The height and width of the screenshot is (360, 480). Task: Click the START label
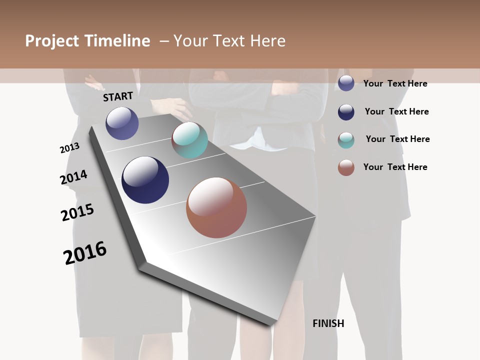pyautogui.click(x=118, y=96)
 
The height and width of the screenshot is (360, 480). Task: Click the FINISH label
pyautogui.click(x=328, y=323)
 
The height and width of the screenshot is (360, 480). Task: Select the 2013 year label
pyautogui.click(x=69, y=148)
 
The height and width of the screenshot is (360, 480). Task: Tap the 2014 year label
pyautogui.click(x=74, y=177)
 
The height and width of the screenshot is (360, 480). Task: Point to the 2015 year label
pyautogui.click(x=77, y=212)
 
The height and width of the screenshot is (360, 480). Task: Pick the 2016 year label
pyautogui.click(x=85, y=252)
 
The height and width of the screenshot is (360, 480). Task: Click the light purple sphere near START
pyautogui.click(x=122, y=123)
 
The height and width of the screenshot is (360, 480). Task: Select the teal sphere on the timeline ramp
pyautogui.click(x=189, y=140)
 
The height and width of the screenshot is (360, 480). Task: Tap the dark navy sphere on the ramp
pyautogui.click(x=145, y=180)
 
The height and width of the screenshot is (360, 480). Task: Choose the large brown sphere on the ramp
pyautogui.click(x=216, y=207)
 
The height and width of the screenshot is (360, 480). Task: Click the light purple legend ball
pyautogui.click(x=346, y=83)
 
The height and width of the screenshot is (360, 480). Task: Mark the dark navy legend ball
pyautogui.click(x=346, y=111)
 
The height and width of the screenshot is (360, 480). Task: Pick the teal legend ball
pyautogui.click(x=346, y=139)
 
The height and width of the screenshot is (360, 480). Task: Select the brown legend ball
pyautogui.click(x=346, y=167)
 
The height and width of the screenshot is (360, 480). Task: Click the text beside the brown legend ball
pyautogui.click(x=395, y=167)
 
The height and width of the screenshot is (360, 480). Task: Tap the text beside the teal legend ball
pyautogui.click(x=397, y=139)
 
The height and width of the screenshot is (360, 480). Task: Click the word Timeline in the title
pyautogui.click(x=117, y=41)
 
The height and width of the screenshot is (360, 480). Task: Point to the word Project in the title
pyautogui.click(x=51, y=41)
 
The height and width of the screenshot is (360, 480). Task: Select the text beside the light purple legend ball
pyautogui.click(x=395, y=83)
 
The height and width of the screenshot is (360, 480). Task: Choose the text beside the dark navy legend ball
pyautogui.click(x=396, y=111)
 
